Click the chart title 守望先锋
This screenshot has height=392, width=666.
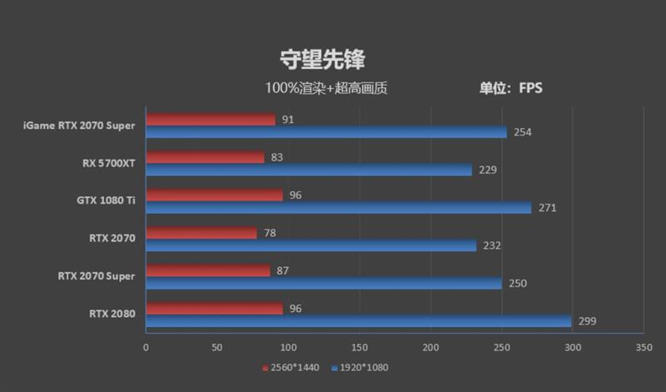pos(321,59)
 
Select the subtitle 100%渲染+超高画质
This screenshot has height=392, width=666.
pos(326,87)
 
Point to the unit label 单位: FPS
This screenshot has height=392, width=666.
pos(510,87)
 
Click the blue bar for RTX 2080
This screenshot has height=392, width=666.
pos(358,321)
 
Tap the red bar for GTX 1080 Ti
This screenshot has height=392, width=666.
pos(214,195)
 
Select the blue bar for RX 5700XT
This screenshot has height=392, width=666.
pos(308,170)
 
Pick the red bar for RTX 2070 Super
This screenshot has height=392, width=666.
pos(208,270)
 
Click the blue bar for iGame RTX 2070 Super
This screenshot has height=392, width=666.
pos(326,132)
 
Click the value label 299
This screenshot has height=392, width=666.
pos(588,321)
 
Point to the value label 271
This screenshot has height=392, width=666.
pos(545,208)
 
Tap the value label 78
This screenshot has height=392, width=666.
pos(270,232)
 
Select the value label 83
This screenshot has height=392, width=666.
pos(277,156)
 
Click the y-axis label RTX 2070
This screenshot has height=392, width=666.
pos(112,238)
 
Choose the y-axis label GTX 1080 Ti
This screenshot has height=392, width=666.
pos(105,201)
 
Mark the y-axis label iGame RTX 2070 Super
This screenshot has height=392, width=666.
pos(80,126)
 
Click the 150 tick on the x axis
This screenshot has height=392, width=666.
pos(359,347)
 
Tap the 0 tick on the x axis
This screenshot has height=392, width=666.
pos(146,347)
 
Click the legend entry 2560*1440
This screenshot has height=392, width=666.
pos(291,367)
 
